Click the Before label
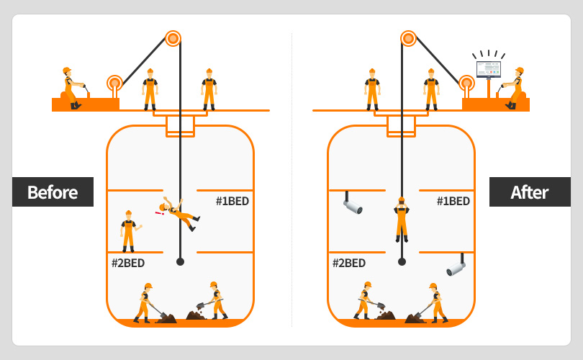53,192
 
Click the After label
529,192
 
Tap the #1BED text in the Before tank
232,202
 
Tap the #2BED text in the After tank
349,264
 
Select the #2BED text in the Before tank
128,264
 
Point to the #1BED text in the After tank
453,202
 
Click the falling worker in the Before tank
178,213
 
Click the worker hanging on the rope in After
402,219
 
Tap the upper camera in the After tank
352,206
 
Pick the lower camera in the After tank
456,268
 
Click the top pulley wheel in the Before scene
173,38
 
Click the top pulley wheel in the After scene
408,38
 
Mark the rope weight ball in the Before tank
181,261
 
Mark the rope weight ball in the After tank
402,261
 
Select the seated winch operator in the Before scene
71,88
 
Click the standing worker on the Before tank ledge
129,230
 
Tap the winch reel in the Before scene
114,84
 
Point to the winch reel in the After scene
467,84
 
